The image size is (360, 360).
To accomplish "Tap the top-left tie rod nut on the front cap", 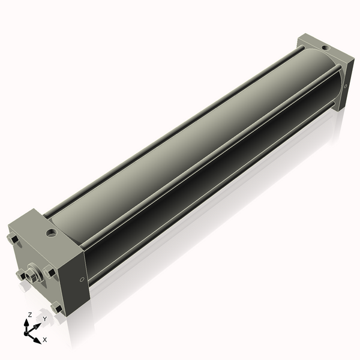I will (x=13, y=240).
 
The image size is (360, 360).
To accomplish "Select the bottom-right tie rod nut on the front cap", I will (x=58, y=308).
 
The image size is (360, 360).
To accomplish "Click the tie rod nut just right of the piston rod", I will (x=50, y=272).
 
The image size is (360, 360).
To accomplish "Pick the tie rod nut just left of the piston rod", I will (x=20, y=275).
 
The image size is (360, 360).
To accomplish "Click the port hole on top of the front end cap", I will (x=52, y=231).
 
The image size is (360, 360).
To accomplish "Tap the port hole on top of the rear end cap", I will (x=325, y=47).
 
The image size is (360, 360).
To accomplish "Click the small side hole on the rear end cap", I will (x=346, y=87).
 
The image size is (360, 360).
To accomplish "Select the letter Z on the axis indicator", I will (x=29, y=314).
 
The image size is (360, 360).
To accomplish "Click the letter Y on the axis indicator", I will (x=44, y=319).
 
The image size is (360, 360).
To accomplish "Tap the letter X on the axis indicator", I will (x=44, y=340).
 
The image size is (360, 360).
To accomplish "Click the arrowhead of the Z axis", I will (x=28, y=322).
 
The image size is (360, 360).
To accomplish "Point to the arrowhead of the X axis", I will (x=37, y=337).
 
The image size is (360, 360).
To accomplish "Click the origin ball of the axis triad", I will (x=28, y=331).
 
